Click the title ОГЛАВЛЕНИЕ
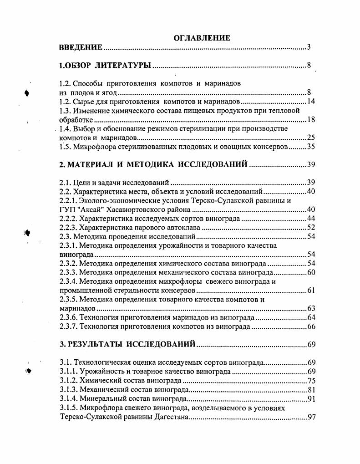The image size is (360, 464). pos(202,38)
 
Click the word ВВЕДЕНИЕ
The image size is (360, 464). pos(81,47)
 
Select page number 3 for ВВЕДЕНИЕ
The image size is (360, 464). pos(309,47)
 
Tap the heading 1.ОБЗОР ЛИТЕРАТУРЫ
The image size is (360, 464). pos(105,66)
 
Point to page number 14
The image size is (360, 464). pos(311,102)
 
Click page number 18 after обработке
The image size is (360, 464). pos(311,120)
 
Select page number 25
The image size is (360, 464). pos(311,138)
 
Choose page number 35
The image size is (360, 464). pos(311,147)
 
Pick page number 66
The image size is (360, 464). pos(311,326)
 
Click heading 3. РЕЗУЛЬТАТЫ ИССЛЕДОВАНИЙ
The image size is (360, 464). pos(128,344)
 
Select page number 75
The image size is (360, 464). pos(311,381)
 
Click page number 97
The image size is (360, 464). pos(311,417)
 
